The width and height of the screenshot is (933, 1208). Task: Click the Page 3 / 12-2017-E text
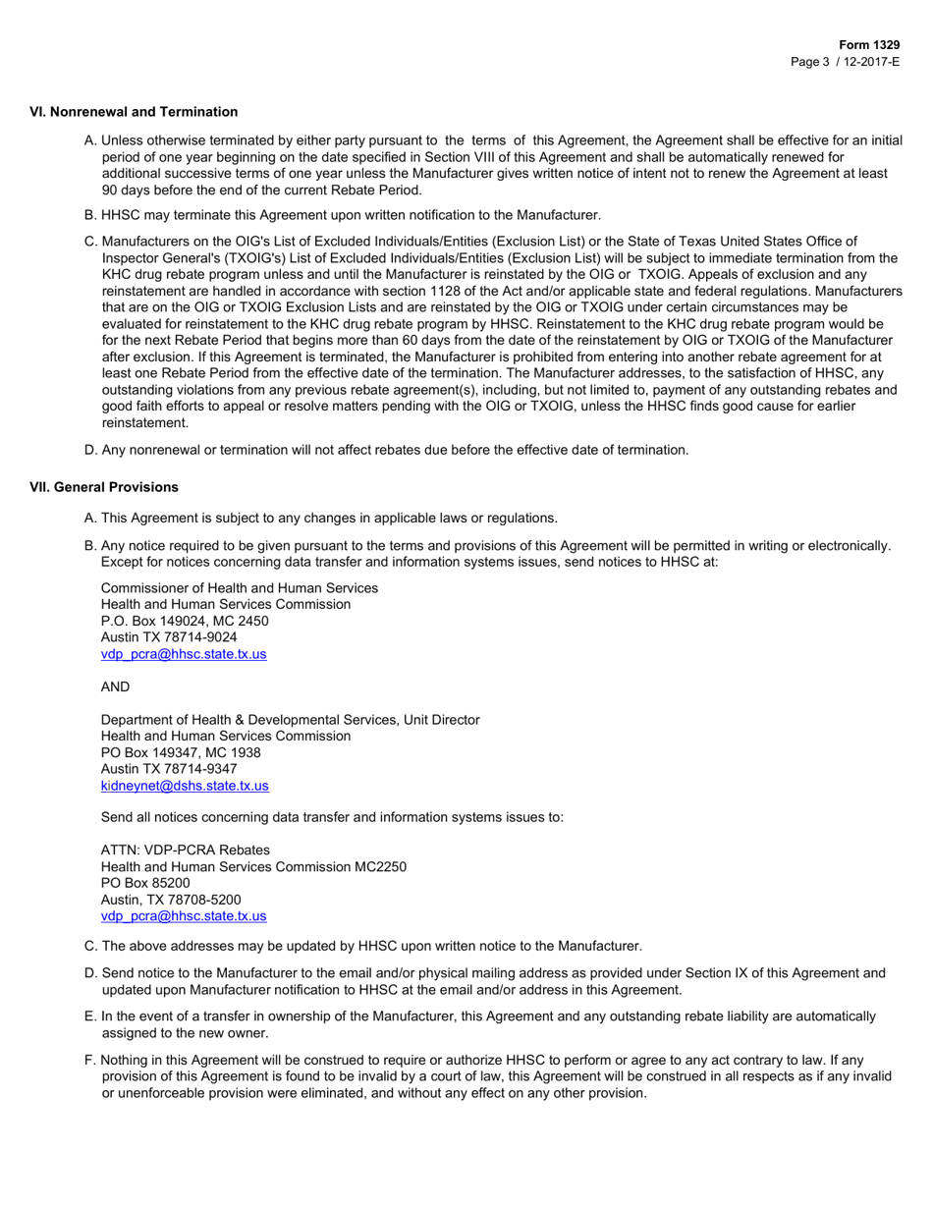click(846, 61)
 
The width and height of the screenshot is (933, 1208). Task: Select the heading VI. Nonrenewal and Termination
click(135, 112)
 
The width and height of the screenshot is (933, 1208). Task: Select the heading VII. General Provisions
click(105, 487)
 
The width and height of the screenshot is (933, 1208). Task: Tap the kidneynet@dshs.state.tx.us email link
click(185, 786)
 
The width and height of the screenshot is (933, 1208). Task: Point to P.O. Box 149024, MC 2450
click(185, 621)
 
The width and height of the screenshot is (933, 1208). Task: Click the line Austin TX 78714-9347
click(168, 769)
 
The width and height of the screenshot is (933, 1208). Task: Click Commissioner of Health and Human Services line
click(240, 587)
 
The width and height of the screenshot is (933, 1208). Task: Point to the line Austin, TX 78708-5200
click(171, 900)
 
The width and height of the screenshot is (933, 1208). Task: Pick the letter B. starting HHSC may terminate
click(90, 214)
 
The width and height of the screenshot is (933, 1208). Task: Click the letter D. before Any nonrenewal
click(90, 450)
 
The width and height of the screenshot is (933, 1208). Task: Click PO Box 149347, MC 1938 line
click(181, 752)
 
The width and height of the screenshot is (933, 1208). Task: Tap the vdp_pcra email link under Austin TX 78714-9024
click(184, 653)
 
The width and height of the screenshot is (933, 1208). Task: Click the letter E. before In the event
click(90, 1016)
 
